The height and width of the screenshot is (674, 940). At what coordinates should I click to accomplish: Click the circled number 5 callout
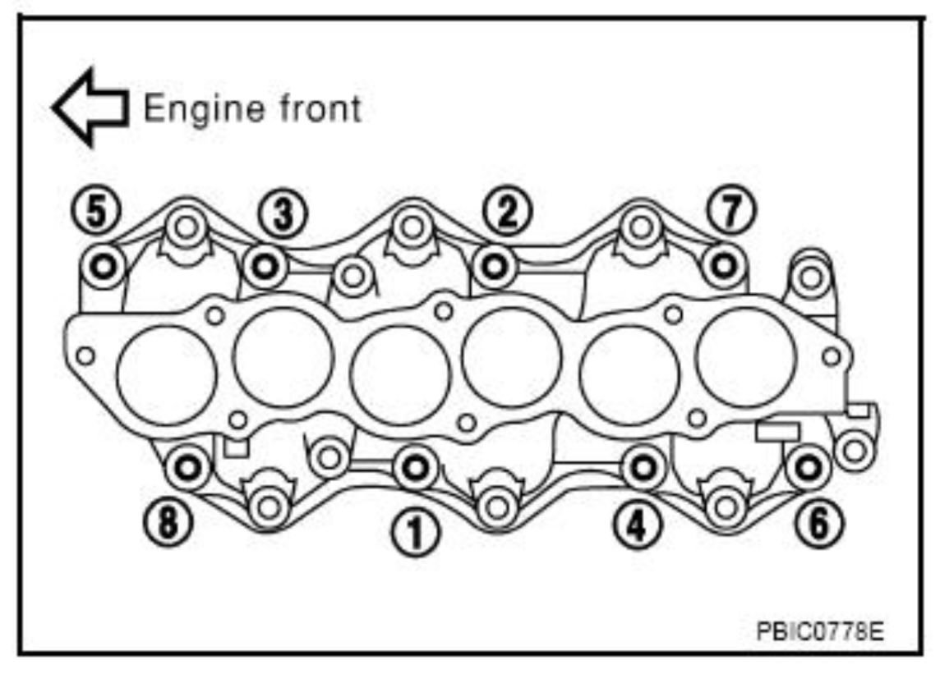[x=97, y=211]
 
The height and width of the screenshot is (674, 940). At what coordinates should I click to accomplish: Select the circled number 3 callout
[x=283, y=214]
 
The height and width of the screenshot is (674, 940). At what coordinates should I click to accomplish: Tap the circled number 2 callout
[x=507, y=211]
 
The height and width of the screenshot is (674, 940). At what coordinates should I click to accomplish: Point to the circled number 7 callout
[x=731, y=211]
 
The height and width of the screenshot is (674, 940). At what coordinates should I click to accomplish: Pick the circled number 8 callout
[x=168, y=522]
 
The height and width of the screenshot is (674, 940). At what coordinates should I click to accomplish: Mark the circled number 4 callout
[x=638, y=525]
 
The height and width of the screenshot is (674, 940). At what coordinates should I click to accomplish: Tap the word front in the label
[x=320, y=108]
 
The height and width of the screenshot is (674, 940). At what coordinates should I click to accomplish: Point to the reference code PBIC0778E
[x=820, y=631]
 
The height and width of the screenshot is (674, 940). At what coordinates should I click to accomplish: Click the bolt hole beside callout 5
[x=104, y=266]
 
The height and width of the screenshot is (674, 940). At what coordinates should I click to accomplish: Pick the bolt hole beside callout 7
[x=724, y=265]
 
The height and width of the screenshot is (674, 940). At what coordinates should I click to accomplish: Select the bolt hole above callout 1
[x=415, y=467]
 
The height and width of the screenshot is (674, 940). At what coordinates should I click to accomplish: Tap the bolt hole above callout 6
[x=809, y=465]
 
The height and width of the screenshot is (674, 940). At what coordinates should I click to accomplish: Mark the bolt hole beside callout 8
[x=187, y=466]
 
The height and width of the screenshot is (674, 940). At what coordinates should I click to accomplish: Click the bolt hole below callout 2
[x=495, y=266]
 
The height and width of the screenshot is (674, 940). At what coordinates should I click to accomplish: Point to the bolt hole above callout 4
[x=643, y=466]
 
